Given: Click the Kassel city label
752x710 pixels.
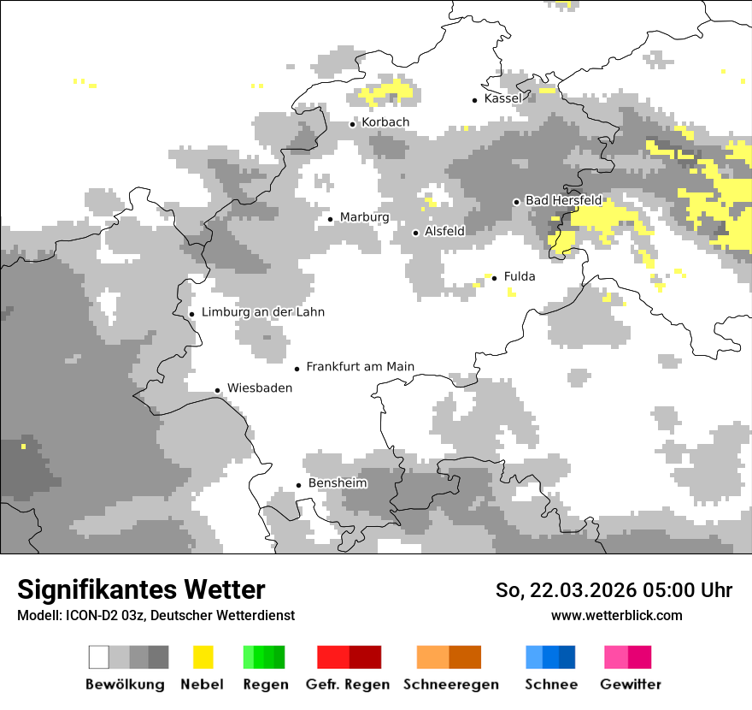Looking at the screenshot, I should coord(502,98).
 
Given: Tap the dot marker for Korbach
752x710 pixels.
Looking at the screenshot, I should coord(352,124).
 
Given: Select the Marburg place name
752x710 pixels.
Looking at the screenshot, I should coord(364,217).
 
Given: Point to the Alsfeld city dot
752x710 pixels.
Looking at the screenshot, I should coord(416,233).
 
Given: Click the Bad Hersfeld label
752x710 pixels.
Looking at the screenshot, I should coord(563,200).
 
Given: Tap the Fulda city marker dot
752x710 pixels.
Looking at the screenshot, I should coord(495,277).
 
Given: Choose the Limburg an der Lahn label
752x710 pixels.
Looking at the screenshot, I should coord(263,312).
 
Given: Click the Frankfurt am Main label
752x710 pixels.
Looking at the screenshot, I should coord(360,367).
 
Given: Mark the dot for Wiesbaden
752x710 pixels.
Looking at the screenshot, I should coord(218,390).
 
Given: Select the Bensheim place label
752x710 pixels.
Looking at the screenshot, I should coord(338,483).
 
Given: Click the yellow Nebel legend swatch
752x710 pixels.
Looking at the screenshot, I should coord(203,657).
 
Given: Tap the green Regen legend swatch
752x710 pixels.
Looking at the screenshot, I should coord(263,657).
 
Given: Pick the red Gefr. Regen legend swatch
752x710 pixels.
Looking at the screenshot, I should coord(349,657).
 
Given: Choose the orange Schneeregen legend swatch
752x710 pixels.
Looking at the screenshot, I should coord(449,657).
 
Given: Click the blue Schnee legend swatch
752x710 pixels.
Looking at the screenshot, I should coord(549,657).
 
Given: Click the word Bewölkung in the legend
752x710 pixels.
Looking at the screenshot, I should coord(125,684).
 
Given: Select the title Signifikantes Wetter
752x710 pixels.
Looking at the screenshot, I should coord(141,590).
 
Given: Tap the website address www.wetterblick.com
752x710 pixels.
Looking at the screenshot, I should coord(616,616).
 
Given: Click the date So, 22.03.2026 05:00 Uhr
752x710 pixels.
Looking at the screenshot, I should coord(614,590).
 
